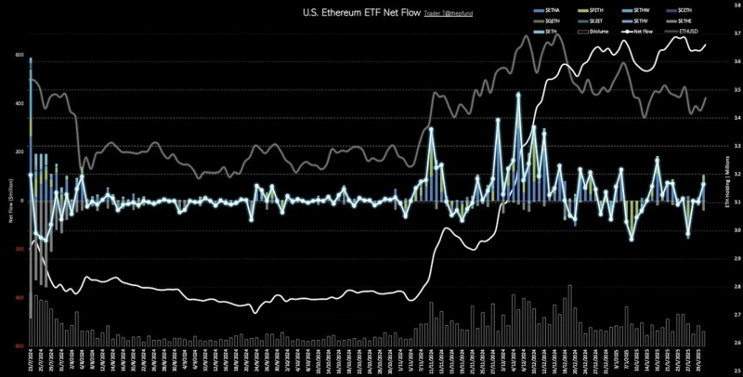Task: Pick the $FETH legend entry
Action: click(599, 10)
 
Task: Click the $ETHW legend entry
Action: click(644, 10)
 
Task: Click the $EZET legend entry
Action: click(599, 21)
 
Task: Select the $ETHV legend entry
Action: click(644, 21)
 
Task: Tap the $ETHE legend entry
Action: click(689, 21)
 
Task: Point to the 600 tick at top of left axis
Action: click(18, 55)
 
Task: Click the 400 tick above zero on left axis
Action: click(18, 103)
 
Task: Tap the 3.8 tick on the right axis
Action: click(735, 6)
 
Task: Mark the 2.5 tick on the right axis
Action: click(735, 370)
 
